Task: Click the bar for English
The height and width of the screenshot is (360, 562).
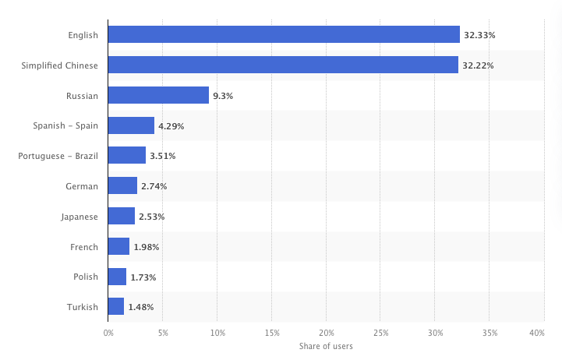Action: [x=284, y=35]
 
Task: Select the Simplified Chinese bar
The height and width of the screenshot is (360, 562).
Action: [x=283, y=65]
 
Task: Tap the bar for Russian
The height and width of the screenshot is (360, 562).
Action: [x=158, y=96]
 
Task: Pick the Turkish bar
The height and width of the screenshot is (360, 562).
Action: [x=116, y=307]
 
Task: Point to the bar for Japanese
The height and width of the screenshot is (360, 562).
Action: [x=122, y=217]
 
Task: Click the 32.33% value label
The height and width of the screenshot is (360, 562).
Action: [x=480, y=35]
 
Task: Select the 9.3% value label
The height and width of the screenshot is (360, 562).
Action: [x=223, y=96]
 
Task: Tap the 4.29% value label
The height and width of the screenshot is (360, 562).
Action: [x=171, y=126]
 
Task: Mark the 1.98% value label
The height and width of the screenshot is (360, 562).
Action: [x=146, y=247]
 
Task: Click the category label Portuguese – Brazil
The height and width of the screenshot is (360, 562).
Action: [x=58, y=156]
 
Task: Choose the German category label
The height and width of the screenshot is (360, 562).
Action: [x=83, y=186]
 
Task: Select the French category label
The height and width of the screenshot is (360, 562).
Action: [x=84, y=247]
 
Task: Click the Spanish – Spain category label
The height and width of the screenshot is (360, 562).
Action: [x=65, y=126]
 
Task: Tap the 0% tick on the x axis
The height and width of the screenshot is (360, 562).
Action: [x=108, y=333]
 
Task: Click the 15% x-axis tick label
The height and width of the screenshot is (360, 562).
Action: [x=272, y=333]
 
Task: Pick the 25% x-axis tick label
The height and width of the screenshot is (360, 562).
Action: [x=381, y=333]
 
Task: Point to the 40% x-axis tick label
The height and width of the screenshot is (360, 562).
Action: [x=537, y=333]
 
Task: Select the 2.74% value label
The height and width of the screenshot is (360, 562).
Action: [x=154, y=186]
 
